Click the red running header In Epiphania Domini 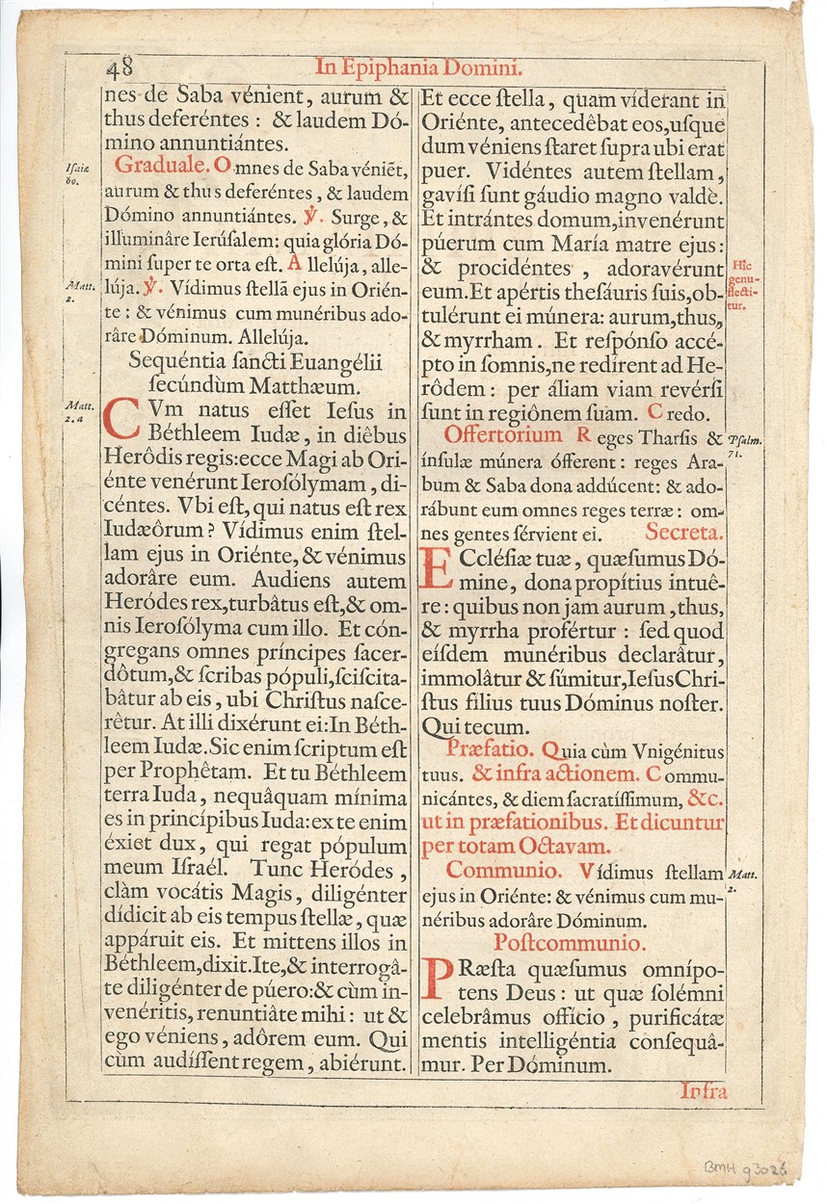click(x=418, y=68)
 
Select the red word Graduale click(x=157, y=166)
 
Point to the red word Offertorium click(x=503, y=435)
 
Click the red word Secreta click(x=685, y=531)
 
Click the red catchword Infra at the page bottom click(x=703, y=1091)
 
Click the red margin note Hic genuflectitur click(x=741, y=285)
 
